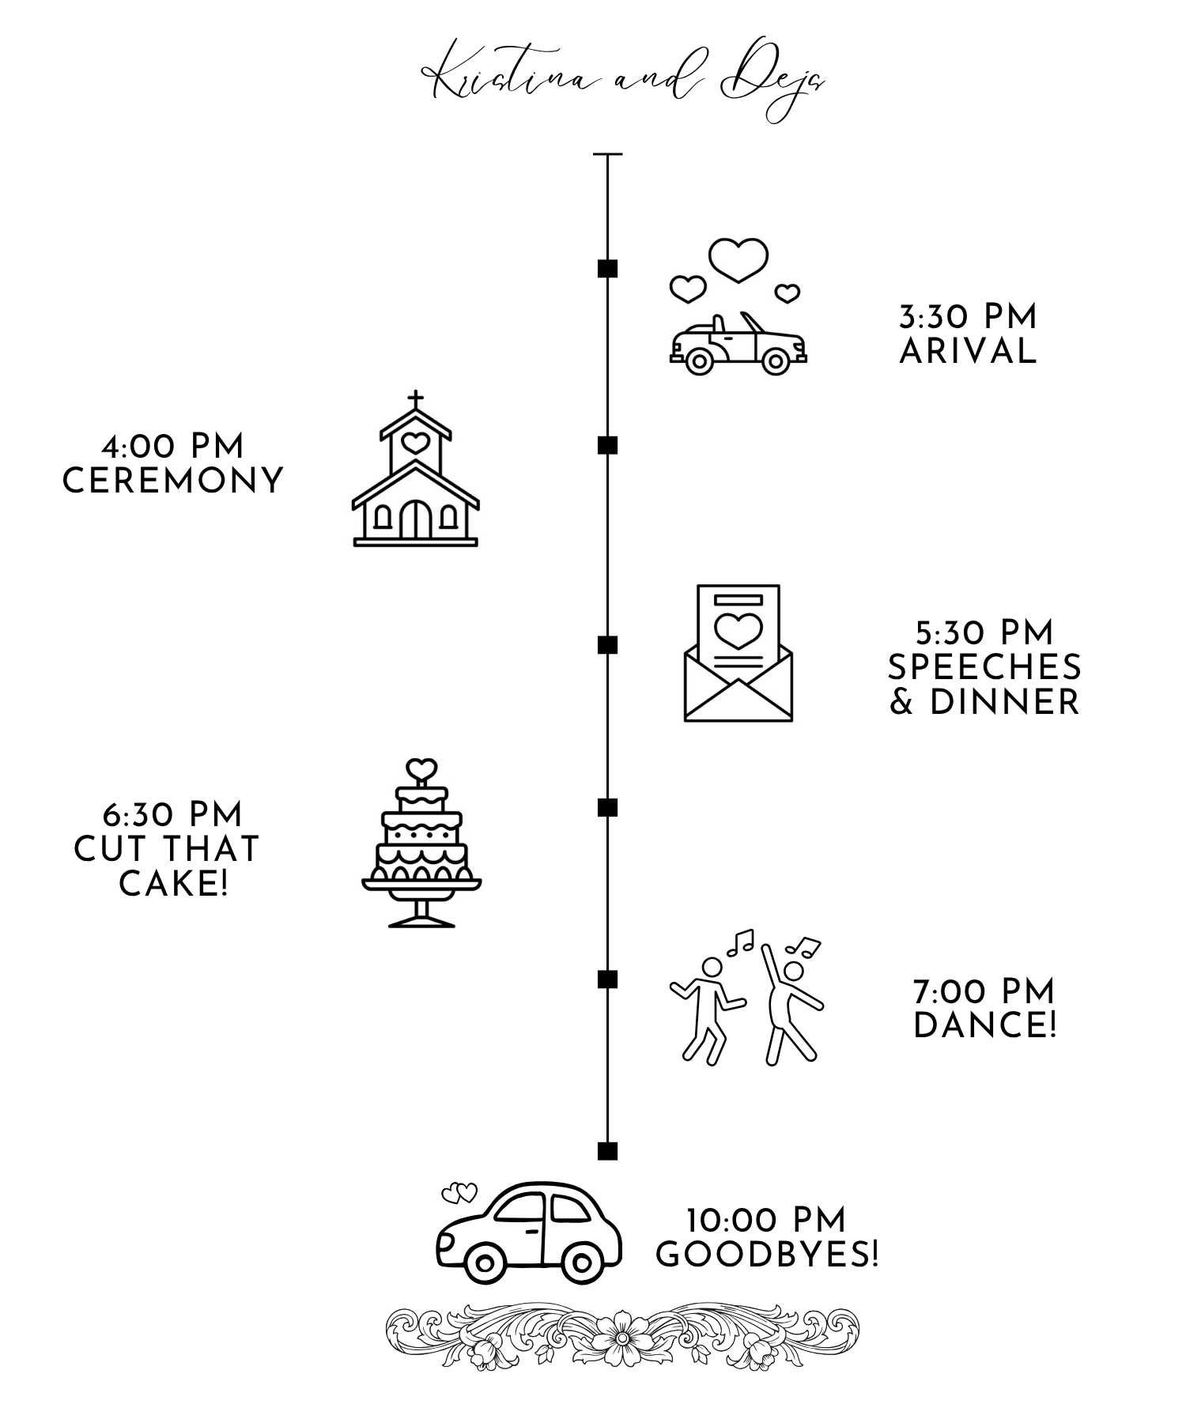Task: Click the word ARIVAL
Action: tap(968, 352)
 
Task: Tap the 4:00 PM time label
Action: tap(173, 447)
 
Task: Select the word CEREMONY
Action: tap(173, 481)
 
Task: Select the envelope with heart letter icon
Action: tap(738, 653)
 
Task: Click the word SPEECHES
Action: tap(984, 668)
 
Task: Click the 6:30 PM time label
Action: tap(172, 814)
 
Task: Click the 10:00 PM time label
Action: tap(766, 1221)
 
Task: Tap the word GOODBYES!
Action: tap(767, 1255)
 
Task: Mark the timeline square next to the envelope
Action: tap(607, 644)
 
